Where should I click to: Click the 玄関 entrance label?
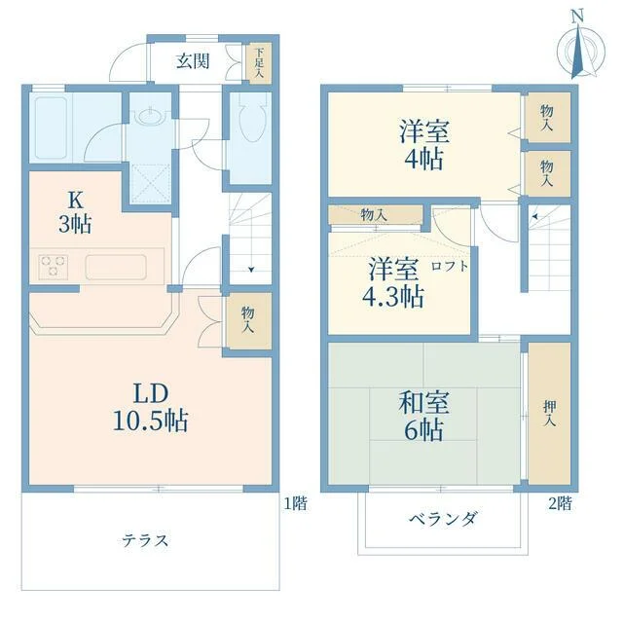(x=193, y=61)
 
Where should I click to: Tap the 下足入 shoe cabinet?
(x=259, y=63)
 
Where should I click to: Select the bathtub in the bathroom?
(x=51, y=128)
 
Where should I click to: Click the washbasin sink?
(x=151, y=117)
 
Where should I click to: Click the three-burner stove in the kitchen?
(x=54, y=267)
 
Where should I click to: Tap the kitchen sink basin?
(x=116, y=267)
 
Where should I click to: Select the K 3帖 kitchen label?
(x=75, y=213)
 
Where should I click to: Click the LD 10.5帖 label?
(x=151, y=407)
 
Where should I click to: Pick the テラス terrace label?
(x=145, y=541)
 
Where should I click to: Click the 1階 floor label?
(x=295, y=504)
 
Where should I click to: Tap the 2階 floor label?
(x=560, y=504)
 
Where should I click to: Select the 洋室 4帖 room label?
(x=424, y=145)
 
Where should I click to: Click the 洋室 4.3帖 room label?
(x=393, y=282)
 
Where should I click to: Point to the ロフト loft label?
(x=450, y=266)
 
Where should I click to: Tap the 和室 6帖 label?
(x=424, y=416)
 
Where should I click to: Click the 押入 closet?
(x=549, y=413)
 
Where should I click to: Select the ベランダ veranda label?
(x=443, y=519)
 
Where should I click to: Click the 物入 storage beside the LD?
(x=249, y=320)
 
